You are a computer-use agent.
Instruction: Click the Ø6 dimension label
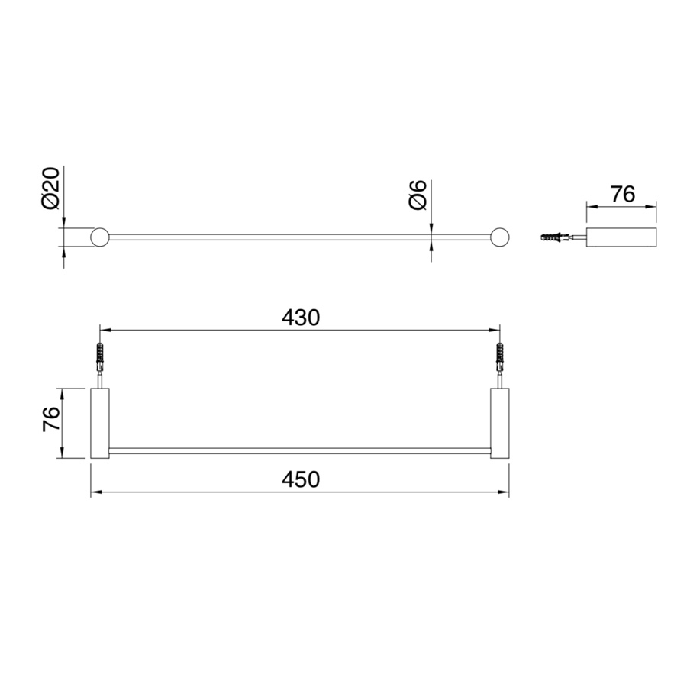(x=418, y=195)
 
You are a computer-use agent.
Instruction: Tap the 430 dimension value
(x=301, y=318)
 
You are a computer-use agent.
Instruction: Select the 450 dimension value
(x=301, y=479)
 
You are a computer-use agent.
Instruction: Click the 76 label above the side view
(x=623, y=194)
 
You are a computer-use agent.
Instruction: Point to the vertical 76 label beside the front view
(x=51, y=419)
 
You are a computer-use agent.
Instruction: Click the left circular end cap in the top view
(x=99, y=237)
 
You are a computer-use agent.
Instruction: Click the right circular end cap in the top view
(x=500, y=237)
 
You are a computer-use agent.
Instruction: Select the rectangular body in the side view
(x=621, y=237)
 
